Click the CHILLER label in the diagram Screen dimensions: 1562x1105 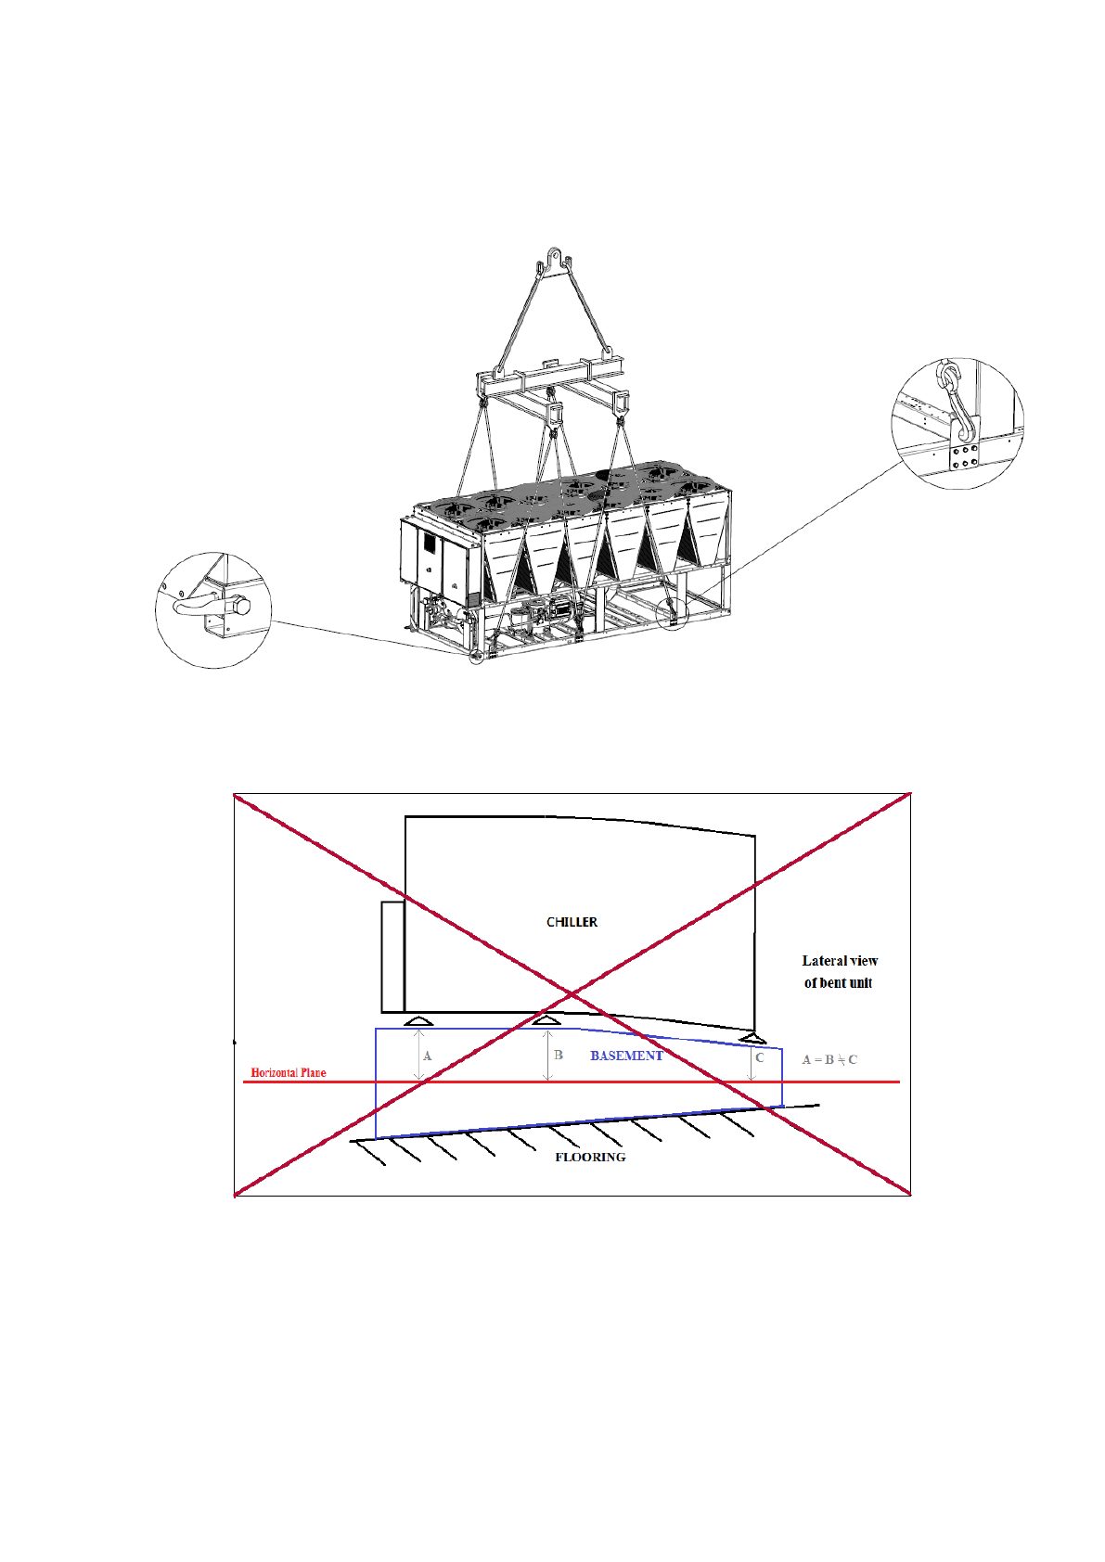(x=572, y=922)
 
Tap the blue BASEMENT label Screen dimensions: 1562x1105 (x=626, y=1056)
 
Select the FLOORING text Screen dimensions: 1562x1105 (x=590, y=1157)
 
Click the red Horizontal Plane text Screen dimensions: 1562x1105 (x=289, y=1072)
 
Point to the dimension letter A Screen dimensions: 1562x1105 (x=427, y=1056)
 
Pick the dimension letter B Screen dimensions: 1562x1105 (x=559, y=1055)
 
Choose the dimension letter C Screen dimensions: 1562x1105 (x=760, y=1057)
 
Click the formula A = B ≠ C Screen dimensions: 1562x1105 (x=829, y=1059)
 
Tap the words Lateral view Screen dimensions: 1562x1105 (x=840, y=961)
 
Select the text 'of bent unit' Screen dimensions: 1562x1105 (x=838, y=983)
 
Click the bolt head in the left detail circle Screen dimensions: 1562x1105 (x=242, y=607)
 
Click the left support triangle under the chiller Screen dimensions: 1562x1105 (x=418, y=1021)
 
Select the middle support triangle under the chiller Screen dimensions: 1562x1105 (x=546, y=1021)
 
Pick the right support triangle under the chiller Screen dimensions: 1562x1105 (x=752, y=1037)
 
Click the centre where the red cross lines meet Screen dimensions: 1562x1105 (x=572, y=994)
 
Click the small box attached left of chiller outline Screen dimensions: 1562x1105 (x=392, y=956)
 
